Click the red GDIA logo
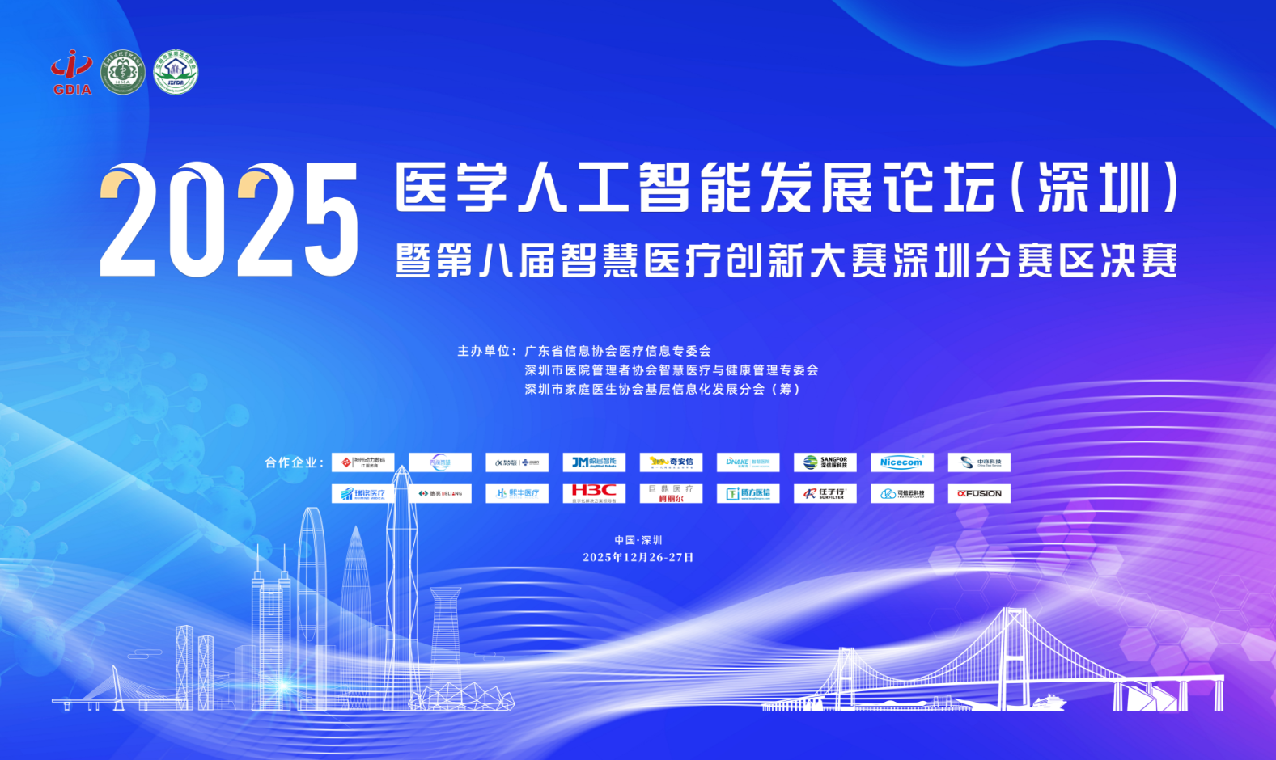72,72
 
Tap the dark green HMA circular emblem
123,73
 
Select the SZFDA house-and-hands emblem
176,73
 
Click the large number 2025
229,220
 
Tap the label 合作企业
292,462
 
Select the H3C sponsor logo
594,492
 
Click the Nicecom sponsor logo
901,462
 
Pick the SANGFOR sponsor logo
825,462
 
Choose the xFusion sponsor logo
979,493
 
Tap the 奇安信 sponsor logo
671,462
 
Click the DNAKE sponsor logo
748,462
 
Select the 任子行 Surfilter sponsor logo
825,493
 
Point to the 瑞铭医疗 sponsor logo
363,493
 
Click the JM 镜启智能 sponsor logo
594,462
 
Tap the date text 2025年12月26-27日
638,557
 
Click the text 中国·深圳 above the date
638,540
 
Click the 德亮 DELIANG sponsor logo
440,493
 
